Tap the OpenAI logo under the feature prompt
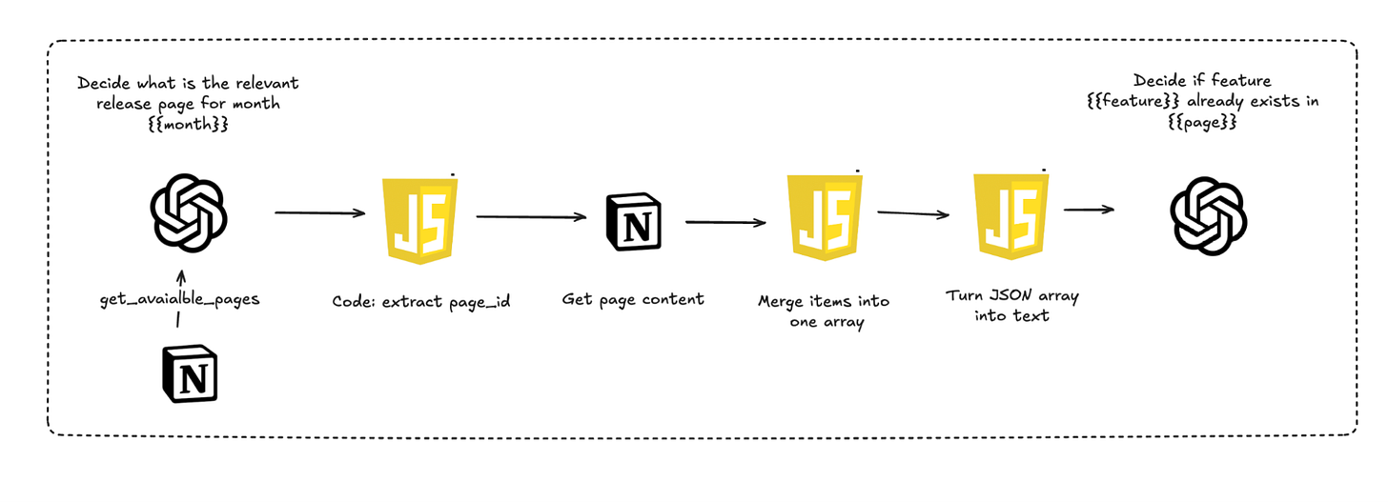[x=1208, y=217]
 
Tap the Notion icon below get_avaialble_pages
[x=190, y=377]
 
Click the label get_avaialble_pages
[x=178, y=299]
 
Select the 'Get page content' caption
[x=633, y=299]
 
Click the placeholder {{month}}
[x=189, y=123]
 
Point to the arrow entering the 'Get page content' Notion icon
[x=531, y=217]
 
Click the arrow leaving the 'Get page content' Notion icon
[x=725, y=223]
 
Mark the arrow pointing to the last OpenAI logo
[x=1089, y=209]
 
